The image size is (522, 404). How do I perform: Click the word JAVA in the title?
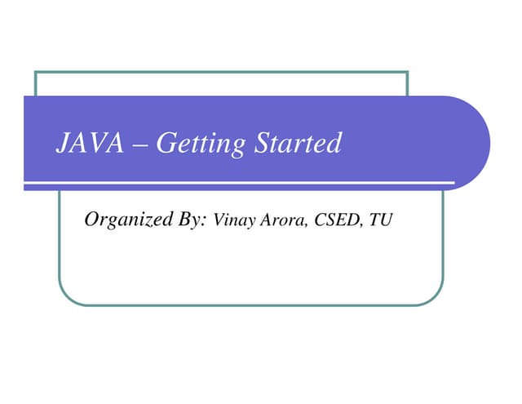click(89, 144)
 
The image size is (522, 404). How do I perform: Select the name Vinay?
click(231, 220)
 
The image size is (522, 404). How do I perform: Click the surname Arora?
click(280, 220)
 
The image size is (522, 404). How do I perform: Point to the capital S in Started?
click(262, 144)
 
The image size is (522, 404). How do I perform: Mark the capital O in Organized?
click(91, 219)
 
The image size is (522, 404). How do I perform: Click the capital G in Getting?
click(164, 144)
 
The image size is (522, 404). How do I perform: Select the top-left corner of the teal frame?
click(36, 72)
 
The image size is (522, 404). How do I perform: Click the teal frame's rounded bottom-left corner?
click(67, 297)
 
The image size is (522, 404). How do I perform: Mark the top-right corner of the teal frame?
click(407, 72)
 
